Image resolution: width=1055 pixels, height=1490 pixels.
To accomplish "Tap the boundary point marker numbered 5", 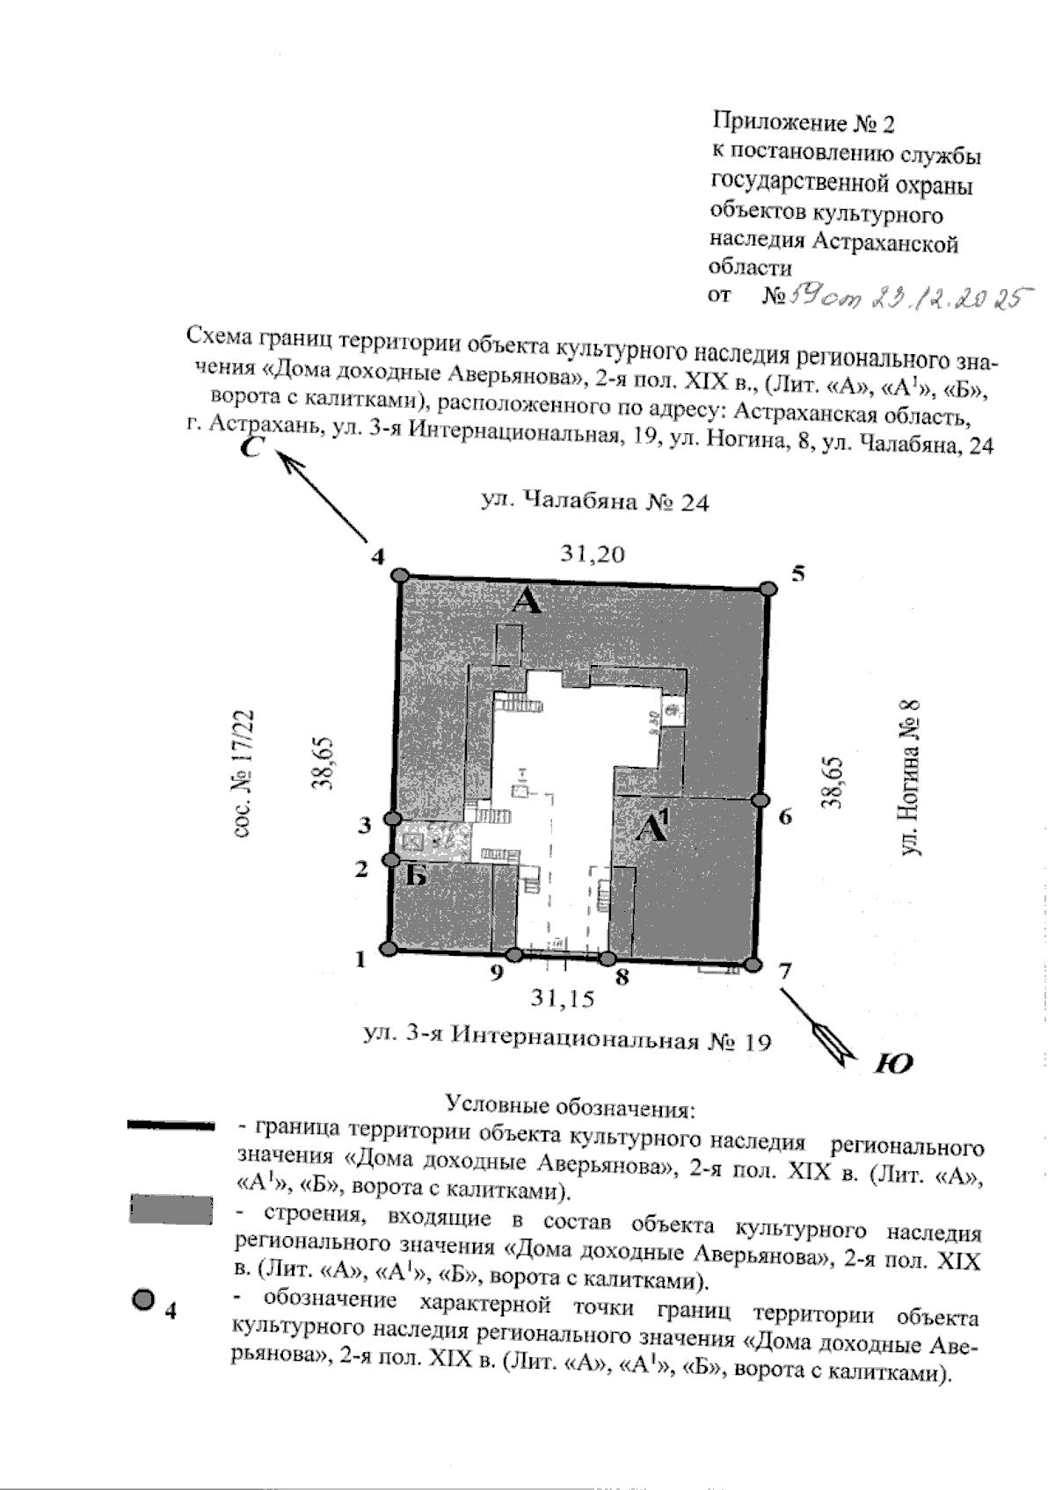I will (768, 588).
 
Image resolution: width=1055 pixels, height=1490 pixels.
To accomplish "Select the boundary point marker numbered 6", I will (760, 799).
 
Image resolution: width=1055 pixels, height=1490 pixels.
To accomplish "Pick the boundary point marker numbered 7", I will (752, 965).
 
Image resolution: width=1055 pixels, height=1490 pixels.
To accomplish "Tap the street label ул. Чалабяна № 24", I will (595, 503).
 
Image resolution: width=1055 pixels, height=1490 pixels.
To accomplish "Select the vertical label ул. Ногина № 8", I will (912, 778).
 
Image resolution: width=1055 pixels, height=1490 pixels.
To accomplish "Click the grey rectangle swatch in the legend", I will (171, 1209).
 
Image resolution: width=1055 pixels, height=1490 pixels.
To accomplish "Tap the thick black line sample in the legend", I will (171, 1125).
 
